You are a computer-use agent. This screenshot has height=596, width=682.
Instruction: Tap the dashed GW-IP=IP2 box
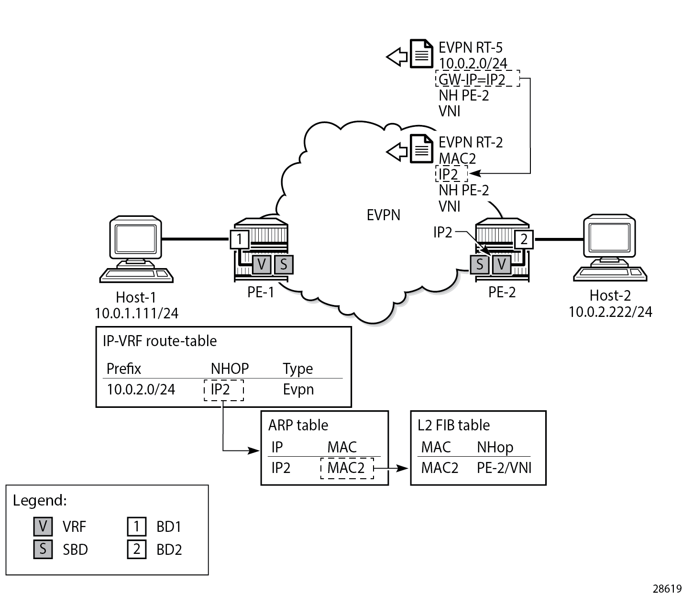(477, 79)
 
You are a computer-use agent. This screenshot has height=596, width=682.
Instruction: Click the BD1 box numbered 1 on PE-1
(239, 238)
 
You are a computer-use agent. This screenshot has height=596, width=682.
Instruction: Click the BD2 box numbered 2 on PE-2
(524, 238)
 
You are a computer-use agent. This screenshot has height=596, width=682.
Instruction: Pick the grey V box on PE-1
(262, 264)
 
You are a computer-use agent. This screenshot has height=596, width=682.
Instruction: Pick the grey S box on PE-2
(480, 264)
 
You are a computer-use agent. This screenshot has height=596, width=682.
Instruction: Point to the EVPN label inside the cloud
(383, 215)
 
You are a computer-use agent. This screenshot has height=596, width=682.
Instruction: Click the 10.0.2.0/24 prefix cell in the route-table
(141, 389)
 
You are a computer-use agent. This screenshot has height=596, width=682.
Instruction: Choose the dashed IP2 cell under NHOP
(223, 390)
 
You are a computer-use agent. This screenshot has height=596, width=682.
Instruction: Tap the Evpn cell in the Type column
(298, 389)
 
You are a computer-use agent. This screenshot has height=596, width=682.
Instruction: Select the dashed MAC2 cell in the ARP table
(346, 468)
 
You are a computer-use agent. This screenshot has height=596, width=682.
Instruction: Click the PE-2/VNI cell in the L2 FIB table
(504, 468)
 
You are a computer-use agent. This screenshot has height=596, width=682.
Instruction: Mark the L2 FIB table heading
(453, 425)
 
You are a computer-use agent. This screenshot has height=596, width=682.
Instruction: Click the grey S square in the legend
(43, 549)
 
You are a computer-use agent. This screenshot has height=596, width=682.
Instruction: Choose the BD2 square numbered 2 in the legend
(136, 549)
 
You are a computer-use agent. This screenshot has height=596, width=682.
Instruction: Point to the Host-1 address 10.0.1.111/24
(137, 313)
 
